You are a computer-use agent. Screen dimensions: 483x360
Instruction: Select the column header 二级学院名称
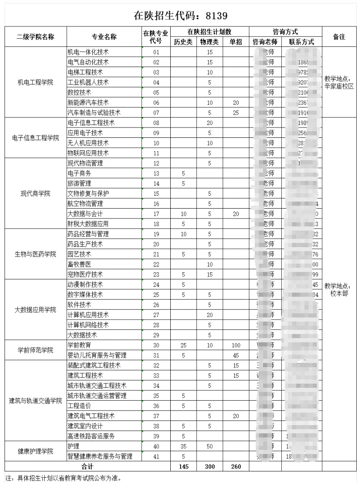pyautogui.click(x=35, y=37)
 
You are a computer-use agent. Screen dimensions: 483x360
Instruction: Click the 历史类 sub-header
pyautogui.click(x=183, y=42)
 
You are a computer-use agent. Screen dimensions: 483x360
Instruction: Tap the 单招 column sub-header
pyautogui.click(x=235, y=42)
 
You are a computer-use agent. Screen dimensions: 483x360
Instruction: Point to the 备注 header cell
pyautogui.click(x=339, y=37)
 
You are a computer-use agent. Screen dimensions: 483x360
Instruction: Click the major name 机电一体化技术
pyautogui.click(x=88, y=52)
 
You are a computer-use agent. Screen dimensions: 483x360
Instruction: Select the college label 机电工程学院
pyautogui.click(x=35, y=82)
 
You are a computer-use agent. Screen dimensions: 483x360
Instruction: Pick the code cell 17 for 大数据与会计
pyautogui.click(x=156, y=214)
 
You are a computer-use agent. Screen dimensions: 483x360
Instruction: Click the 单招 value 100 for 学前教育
pyautogui.click(x=235, y=345)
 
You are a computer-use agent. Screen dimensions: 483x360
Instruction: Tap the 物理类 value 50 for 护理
pyautogui.click(x=210, y=447)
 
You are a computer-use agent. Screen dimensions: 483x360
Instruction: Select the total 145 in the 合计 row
pyautogui.click(x=183, y=466)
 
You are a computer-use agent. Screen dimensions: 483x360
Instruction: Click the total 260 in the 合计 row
pyautogui.click(x=235, y=466)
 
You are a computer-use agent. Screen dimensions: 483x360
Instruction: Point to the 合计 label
pyautogui.click(x=87, y=466)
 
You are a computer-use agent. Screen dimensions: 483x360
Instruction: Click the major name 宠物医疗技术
pyautogui.click(x=85, y=274)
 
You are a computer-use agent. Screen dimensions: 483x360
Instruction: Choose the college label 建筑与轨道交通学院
pyautogui.click(x=35, y=401)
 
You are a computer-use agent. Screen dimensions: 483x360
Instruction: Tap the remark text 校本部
pyautogui.click(x=339, y=293)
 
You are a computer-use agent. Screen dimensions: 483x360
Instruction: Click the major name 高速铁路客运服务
pyautogui.click(x=91, y=436)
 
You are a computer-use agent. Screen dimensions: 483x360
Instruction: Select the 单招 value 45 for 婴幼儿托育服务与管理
pyautogui.click(x=235, y=355)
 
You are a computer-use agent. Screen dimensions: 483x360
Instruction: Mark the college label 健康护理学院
pyautogui.click(x=35, y=451)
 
